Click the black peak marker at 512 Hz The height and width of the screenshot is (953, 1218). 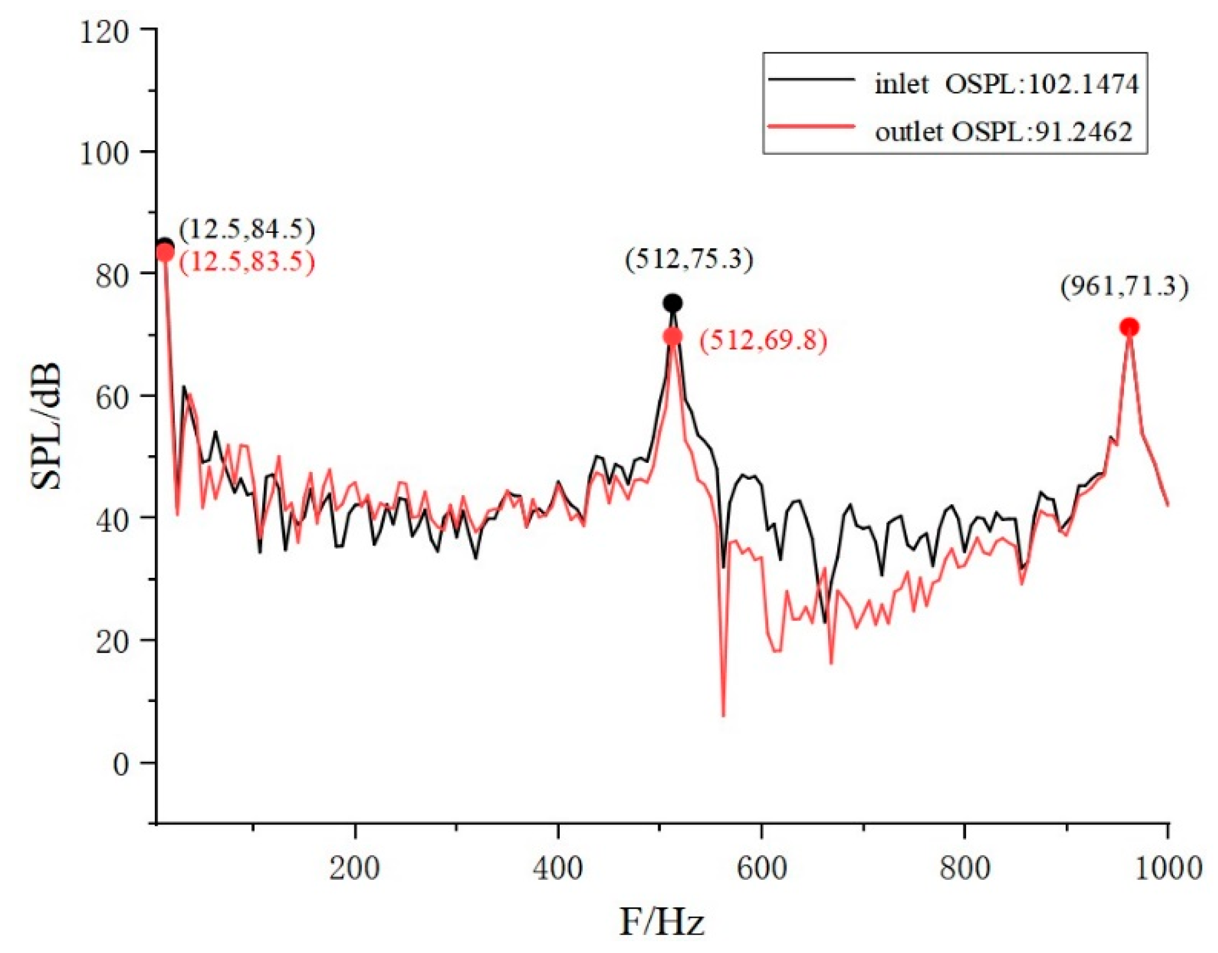[x=672, y=303]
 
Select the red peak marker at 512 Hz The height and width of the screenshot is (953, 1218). [x=672, y=336]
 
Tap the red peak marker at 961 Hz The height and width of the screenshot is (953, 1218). [x=1129, y=327]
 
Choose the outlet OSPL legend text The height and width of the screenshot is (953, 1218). [x=1004, y=132]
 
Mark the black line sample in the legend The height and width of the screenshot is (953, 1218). [x=812, y=79]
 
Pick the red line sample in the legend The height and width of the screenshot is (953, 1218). [x=812, y=127]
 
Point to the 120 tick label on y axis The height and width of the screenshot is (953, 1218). [x=104, y=33]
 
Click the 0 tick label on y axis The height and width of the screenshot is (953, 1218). [x=120, y=765]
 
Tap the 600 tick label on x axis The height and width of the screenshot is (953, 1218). [x=761, y=868]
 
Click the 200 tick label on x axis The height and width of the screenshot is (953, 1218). [x=354, y=868]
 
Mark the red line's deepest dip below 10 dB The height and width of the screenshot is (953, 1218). [x=723, y=715]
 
